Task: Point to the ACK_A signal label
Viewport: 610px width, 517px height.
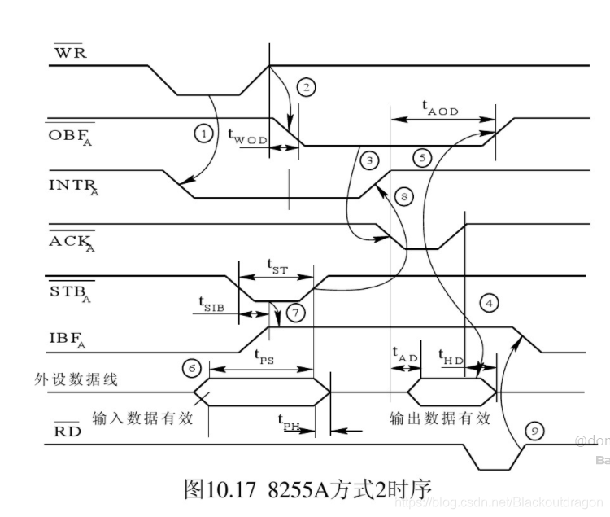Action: tap(73, 243)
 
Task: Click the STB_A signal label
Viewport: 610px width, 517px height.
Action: tap(72, 290)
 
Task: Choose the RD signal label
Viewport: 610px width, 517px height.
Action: tap(68, 431)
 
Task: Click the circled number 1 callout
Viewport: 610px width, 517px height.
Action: tap(203, 131)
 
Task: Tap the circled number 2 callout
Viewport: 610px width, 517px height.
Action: tap(305, 85)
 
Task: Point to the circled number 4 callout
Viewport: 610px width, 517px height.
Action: tap(488, 303)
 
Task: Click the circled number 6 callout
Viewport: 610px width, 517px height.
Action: tap(192, 368)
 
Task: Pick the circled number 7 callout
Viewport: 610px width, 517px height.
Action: tap(296, 312)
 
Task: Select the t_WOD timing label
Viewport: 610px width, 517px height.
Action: tap(247, 135)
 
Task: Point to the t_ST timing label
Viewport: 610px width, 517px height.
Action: tap(277, 265)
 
